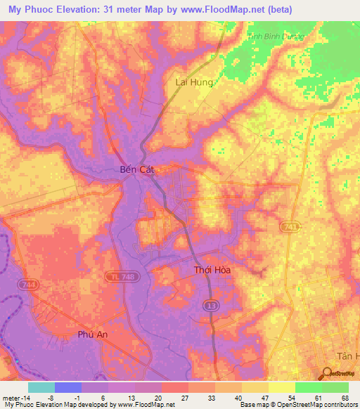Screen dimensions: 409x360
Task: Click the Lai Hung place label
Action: tap(193, 82)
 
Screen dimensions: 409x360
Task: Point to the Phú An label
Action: tap(91, 335)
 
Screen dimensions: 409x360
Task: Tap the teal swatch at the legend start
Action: tap(41, 387)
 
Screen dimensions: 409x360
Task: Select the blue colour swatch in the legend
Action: tap(68, 387)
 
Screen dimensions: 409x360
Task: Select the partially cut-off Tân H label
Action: tap(346, 357)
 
